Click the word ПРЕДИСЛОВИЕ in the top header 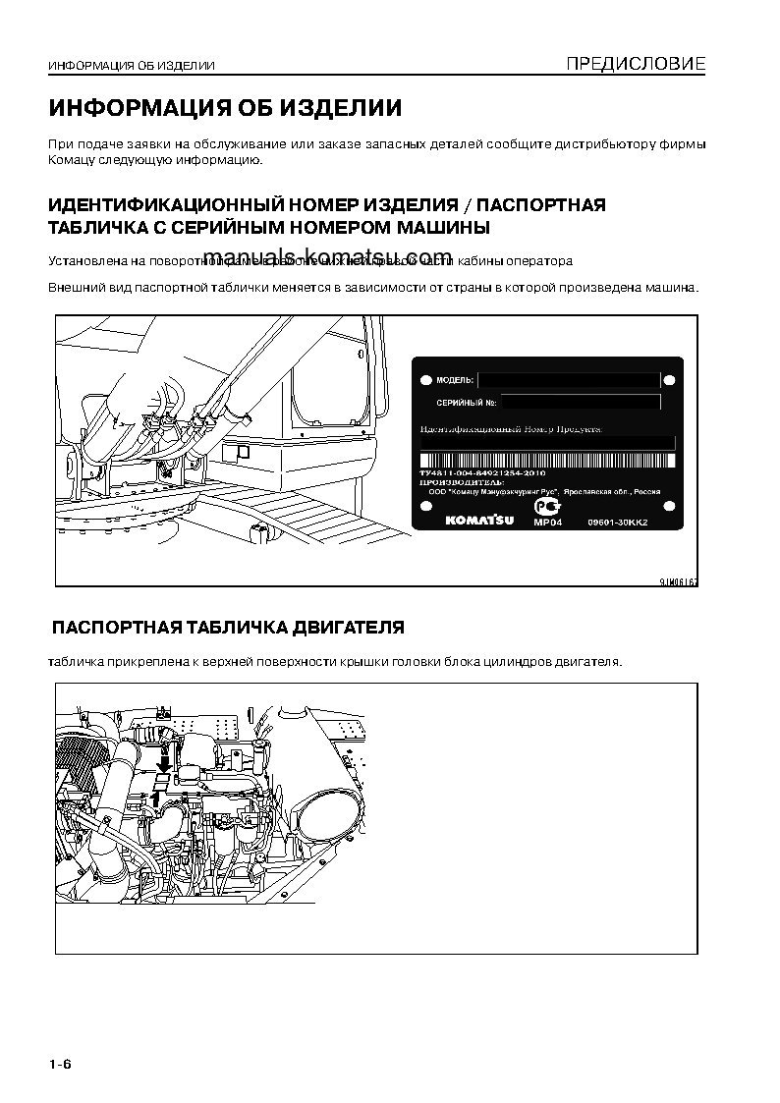click(636, 66)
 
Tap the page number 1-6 click(60, 1066)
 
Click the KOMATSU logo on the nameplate click(479, 520)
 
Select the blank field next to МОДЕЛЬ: click(569, 379)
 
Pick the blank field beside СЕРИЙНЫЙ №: click(584, 402)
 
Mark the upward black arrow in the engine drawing click(154, 800)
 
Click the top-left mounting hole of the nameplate click(424, 379)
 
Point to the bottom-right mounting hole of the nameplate click(669, 507)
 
